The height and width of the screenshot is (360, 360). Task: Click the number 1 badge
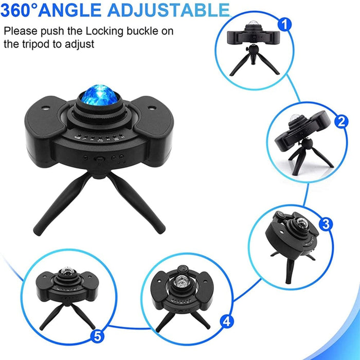[284, 25]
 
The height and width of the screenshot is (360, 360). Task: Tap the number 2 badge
[341, 121]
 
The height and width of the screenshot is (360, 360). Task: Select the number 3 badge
[326, 224]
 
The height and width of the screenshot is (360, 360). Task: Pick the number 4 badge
[227, 321]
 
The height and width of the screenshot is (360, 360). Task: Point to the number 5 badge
[97, 337]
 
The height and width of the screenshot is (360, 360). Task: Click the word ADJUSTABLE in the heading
[169, 10]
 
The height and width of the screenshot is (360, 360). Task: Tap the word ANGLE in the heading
[69, 10]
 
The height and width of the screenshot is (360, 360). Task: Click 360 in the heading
[15, 10]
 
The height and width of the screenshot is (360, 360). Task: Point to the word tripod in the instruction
[37, 44]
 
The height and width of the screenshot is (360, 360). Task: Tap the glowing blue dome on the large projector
[99, 95]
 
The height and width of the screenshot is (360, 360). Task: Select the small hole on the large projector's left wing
[45, 107]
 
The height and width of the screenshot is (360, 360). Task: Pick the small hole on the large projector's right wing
[152, 107]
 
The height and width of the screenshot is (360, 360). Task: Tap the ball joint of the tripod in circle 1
[253, 49]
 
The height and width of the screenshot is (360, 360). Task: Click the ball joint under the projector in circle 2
[307, 144]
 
